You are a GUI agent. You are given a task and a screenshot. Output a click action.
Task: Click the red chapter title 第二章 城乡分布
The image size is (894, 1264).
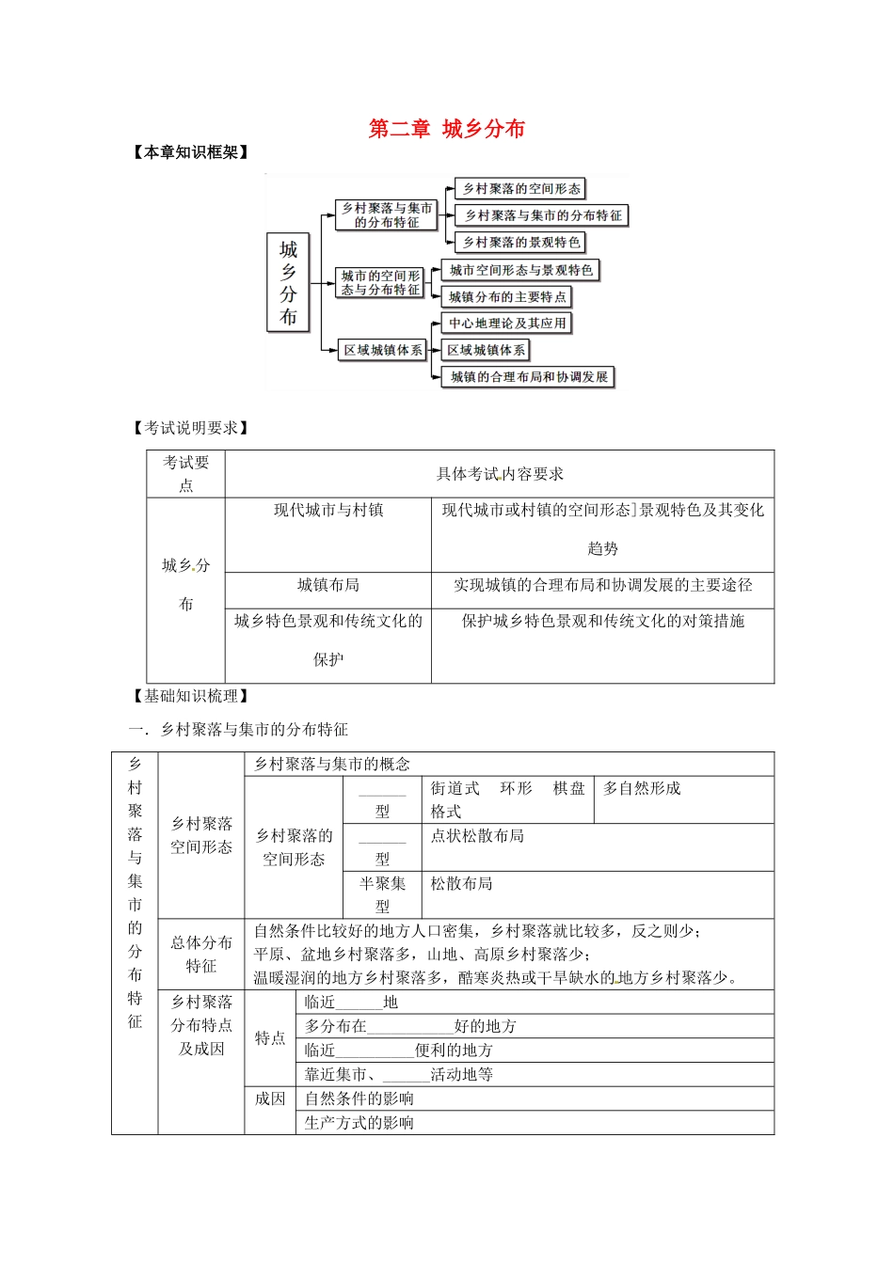pos(446,129)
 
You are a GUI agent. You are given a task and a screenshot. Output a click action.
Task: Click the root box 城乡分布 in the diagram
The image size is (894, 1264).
pos(288,283)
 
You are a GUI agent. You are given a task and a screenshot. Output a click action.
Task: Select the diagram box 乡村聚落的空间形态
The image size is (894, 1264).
pos(520,189)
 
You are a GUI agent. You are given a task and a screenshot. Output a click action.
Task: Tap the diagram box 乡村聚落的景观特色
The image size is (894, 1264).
pos(520,243)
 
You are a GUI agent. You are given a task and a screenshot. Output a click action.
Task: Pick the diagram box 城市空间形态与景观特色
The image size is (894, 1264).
pos(520,271)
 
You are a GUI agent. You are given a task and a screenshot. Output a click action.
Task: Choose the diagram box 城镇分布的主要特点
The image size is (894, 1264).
pos(507,297)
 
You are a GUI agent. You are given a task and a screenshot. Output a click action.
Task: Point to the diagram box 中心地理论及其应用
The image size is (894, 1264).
pos(507,324)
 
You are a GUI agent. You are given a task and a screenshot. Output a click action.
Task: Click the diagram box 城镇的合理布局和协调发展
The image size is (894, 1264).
pos(528,377)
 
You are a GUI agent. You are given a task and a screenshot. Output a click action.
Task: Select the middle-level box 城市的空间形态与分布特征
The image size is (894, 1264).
pos(380,283)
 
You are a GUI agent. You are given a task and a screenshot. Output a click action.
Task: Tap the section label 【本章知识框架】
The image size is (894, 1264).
pos(192,152)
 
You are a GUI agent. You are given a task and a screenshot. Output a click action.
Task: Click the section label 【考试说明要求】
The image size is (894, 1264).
pos(192,428)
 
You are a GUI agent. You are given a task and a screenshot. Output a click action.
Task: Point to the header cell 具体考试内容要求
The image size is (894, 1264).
pos(500,474)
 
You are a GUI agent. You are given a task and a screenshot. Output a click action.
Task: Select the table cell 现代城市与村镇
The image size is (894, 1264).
pos(328,511)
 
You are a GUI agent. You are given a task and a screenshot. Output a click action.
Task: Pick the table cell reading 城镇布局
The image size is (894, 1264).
pos(328,586)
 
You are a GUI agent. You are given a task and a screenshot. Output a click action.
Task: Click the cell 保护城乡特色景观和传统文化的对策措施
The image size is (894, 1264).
pos(602,622)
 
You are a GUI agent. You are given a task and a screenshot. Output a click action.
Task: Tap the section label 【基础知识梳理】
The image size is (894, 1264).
pos(192,696)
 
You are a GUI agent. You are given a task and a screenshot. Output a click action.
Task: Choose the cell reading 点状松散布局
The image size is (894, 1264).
pos(477,836)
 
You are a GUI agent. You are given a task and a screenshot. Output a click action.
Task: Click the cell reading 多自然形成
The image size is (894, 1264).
pos(642,788)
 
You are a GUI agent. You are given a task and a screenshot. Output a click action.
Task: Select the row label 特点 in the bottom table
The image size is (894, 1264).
pos(270,1038)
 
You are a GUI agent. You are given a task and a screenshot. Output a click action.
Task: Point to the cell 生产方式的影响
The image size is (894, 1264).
pos(359,1123)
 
